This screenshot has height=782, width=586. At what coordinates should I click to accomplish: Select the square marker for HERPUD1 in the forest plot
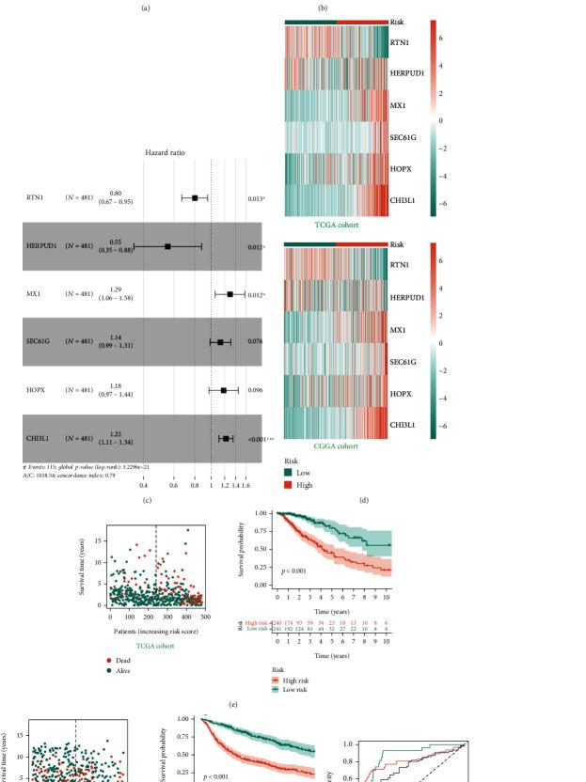[167, 246]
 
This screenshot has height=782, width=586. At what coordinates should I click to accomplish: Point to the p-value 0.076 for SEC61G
[254, 342]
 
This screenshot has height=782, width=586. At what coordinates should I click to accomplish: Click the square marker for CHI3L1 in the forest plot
[226, 438]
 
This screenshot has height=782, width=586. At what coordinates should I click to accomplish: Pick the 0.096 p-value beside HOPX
[254, 389]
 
